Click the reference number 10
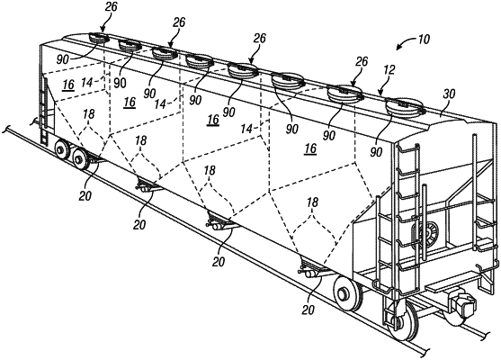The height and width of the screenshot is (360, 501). click(424, 40)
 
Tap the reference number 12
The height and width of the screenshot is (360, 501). click(389, 70)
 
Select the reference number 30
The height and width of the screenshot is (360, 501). click(449, 94)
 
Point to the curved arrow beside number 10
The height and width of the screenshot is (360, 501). click(404, 43)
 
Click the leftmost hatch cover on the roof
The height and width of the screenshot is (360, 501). click(98, 39)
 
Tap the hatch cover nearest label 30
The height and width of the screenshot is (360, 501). click(405, 107)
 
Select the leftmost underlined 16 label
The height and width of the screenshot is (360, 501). click(68, 85)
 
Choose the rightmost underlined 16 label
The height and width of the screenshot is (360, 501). click(310, 148)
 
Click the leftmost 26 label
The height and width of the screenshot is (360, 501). click(111, 6)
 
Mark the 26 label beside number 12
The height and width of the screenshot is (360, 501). click(362, 61)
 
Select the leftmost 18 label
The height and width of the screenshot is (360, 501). click(89, 114)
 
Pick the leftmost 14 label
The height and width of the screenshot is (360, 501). click(87, 83)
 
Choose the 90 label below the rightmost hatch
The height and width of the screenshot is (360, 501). click(376, 152)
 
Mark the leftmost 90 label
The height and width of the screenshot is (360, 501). click(63, 59)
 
